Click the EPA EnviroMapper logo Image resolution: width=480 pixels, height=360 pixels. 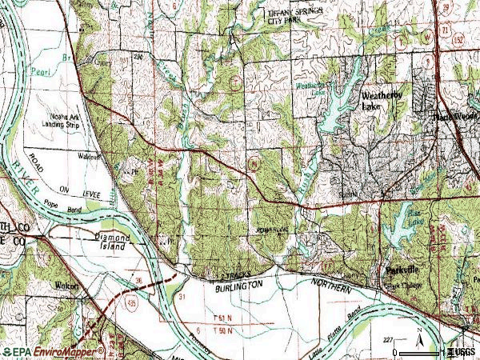click(x=53, y=351)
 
